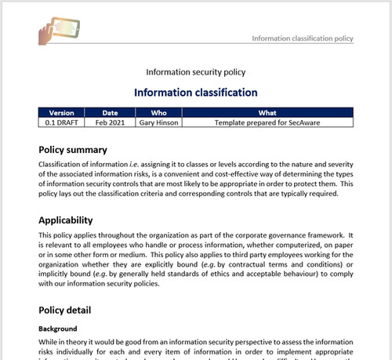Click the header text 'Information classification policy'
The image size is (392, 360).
click(303, 38)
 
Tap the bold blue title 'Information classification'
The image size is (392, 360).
click(196, 93)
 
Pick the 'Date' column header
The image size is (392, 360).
click(111, 113)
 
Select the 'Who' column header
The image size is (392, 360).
click(158, 113)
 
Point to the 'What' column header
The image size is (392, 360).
click(267, 113)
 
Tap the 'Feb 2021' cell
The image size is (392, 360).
click(111, 122)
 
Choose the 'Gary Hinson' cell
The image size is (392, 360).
click(158, 122)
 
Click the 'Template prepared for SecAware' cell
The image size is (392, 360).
click(267, 122)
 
